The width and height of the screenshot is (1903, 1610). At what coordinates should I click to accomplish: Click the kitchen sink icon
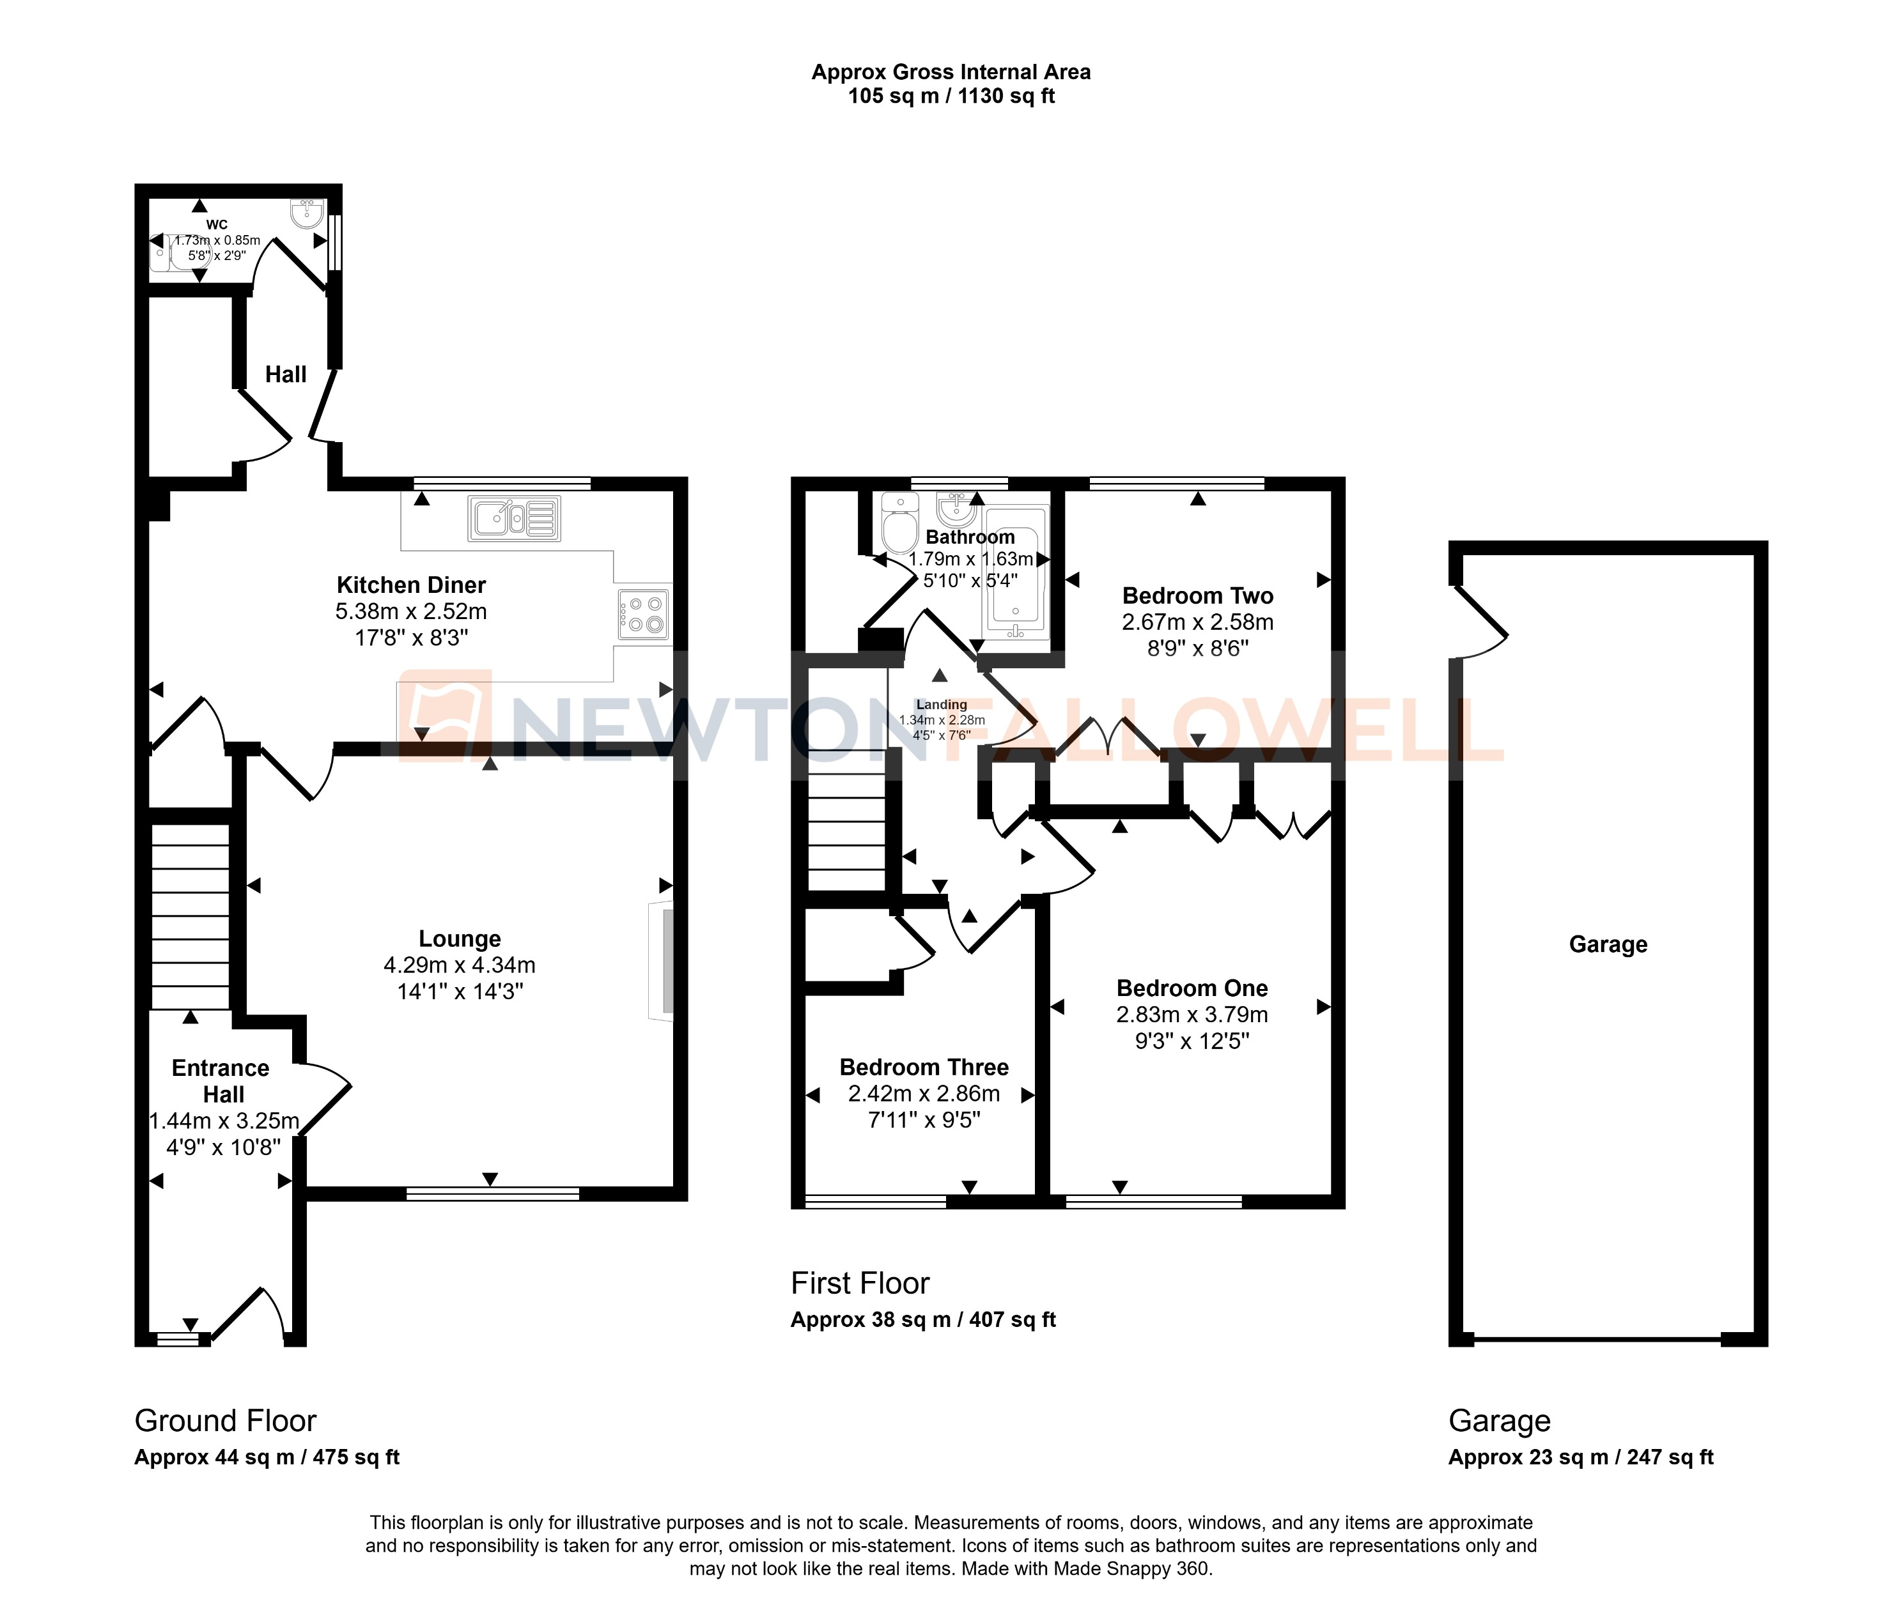514,518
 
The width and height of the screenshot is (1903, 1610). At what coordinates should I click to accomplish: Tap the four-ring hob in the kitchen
644,614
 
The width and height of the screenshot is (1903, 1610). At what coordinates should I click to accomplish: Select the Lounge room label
460,939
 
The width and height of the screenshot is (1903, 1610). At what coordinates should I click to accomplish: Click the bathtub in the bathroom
1015,571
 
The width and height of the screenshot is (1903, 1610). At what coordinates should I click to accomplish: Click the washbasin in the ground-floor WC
306,213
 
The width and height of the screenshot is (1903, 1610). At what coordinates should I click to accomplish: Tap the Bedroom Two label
1197,596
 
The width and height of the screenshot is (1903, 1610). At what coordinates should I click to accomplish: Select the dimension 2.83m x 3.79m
1192,1014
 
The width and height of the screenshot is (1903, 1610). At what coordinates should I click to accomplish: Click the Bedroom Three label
923,1067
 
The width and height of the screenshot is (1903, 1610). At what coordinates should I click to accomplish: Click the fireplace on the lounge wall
662,961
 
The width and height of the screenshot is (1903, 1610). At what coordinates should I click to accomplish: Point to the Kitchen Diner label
411,585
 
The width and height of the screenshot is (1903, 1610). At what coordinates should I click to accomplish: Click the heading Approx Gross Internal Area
951,72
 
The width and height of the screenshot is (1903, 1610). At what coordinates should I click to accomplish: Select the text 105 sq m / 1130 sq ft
951,96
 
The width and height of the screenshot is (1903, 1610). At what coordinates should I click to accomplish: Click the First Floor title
859,1284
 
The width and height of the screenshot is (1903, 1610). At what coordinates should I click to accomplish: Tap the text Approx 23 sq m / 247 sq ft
1580,1457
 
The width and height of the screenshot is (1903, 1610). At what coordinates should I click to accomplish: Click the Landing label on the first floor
940,705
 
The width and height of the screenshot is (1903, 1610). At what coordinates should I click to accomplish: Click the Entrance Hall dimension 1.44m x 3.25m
224,1121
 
